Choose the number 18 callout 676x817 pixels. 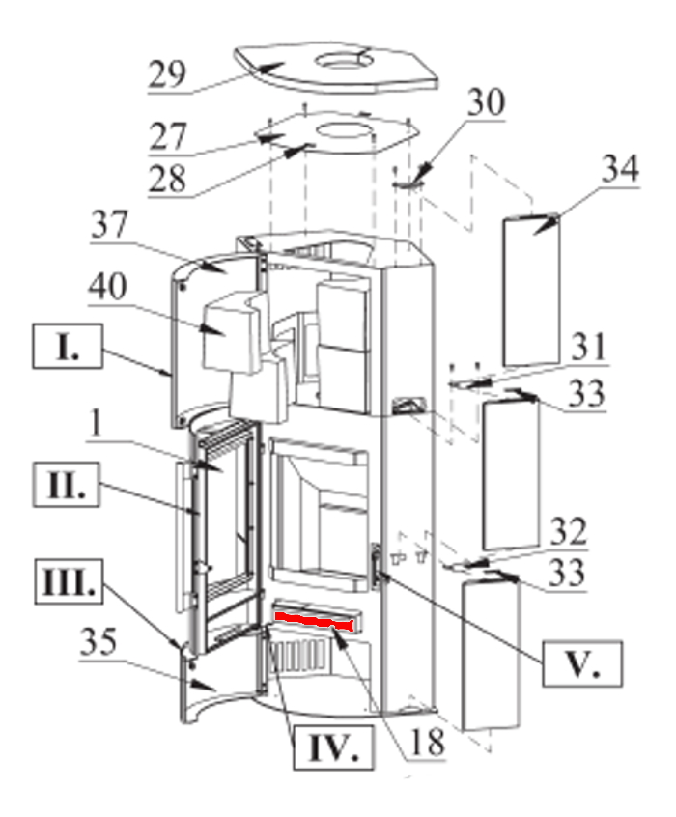click(427, 743)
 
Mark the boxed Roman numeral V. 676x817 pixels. click(581, 664)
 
